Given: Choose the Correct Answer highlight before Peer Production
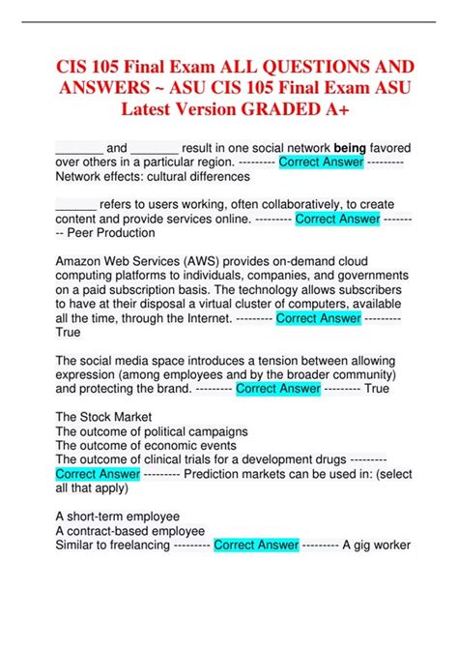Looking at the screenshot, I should click(x=337, y=219).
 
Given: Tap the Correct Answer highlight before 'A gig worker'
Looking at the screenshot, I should click(x=256, y=545).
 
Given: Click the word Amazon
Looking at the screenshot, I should click(x=83, y=260).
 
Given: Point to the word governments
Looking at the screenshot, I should click(x=371, y=275).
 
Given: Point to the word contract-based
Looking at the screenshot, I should click(x=103, y=531).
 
